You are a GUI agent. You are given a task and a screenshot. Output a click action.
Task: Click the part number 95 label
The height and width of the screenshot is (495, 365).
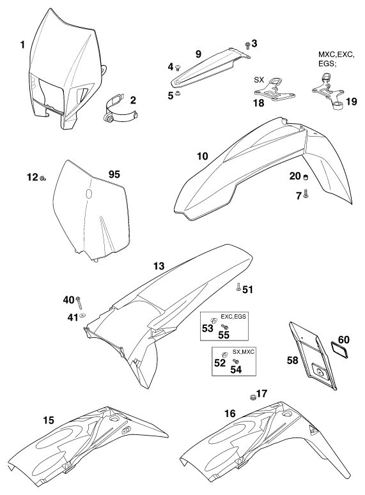(x=114, y=174)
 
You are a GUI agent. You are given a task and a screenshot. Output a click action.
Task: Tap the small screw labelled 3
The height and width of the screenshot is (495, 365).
(x=248, y=46)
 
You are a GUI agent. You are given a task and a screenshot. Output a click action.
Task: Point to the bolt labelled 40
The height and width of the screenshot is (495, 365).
(x=79, y=303)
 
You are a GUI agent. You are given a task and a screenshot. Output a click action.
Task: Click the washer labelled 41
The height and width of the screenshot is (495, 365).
(x=83, y=314)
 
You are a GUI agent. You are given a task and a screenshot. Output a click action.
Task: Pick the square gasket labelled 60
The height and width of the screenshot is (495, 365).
(x=339, y=349)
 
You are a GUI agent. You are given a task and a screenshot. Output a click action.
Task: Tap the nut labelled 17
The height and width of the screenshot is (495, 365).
(x=252, y=397)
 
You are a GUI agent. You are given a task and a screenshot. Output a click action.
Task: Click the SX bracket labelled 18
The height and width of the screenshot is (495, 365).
(x=275, y=91)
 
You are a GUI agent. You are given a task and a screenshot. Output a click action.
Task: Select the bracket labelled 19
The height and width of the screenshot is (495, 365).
(x=329, y=91)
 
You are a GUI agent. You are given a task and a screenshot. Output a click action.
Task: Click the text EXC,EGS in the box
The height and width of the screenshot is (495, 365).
(x=233, y=316)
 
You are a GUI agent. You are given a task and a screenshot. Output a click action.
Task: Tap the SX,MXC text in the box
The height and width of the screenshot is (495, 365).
(x=244, y=352)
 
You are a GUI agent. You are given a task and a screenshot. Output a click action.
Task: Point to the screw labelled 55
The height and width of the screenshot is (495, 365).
(x=224, y=327)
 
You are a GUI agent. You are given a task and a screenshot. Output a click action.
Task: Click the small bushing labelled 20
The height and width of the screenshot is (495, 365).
(x=306, y=177)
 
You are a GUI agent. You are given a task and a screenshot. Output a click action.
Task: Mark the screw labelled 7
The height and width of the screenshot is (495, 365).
(x=306, y=193)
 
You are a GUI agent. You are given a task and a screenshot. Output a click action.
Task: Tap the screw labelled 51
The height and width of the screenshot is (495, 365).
(x=238, y=287)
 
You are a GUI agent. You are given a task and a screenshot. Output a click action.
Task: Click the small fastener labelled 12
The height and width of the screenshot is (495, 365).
(x=43, y=179)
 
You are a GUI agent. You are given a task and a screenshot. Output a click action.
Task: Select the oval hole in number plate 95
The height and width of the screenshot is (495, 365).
(x=89, y=194)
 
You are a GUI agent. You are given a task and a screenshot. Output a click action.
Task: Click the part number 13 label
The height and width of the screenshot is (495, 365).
(x=159, y=266)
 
